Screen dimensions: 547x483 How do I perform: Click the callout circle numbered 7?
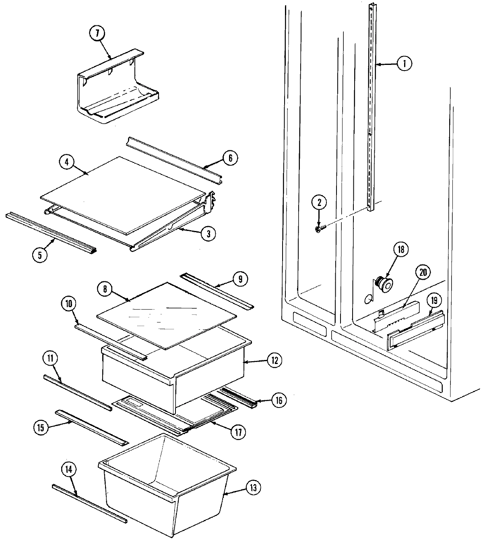click(x=97, y=34)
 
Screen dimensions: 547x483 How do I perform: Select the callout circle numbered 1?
click(x=405, y=63)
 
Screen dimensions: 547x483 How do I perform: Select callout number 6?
click(x=230, y=158)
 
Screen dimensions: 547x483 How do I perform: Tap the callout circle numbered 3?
click(x=208, y=233)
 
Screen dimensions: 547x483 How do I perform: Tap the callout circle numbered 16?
click(x=279, y=400)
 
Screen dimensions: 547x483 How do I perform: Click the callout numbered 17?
click(x=238, y=432)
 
